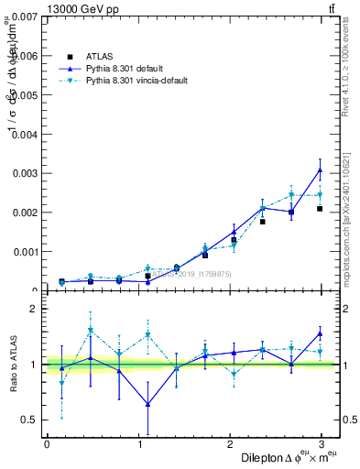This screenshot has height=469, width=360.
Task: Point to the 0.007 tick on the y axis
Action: click(x=24, y=16)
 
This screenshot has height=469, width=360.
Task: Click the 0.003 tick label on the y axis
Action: click(x=24, y=173)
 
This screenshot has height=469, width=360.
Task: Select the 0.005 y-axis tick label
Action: click(x=24, y=95)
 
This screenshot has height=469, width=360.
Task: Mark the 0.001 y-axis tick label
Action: click(x=24, y=252)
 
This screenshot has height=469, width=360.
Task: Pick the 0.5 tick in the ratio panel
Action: click(x=28, y=420)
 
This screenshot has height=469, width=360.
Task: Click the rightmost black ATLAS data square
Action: click(x=320, y=209)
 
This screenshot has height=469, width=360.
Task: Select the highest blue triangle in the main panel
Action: click(x=320, y=170)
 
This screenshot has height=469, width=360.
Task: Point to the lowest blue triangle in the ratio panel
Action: click(x=147, y=404)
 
